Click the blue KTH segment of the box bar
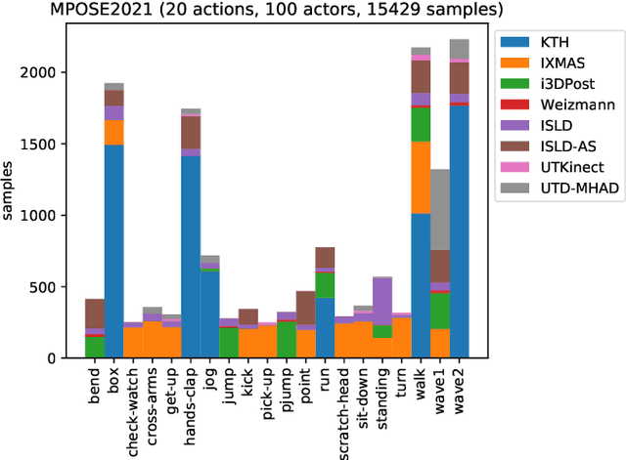(114, 254)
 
